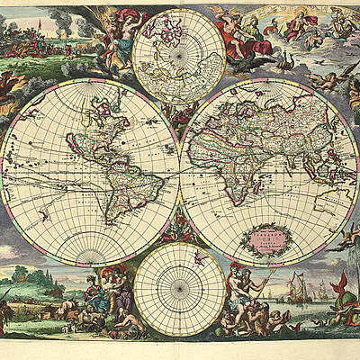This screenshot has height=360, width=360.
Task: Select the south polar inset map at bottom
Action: (180, 289)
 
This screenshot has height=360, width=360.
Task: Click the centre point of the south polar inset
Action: (180, 289)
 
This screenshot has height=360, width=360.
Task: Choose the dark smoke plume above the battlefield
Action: (63, 17)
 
